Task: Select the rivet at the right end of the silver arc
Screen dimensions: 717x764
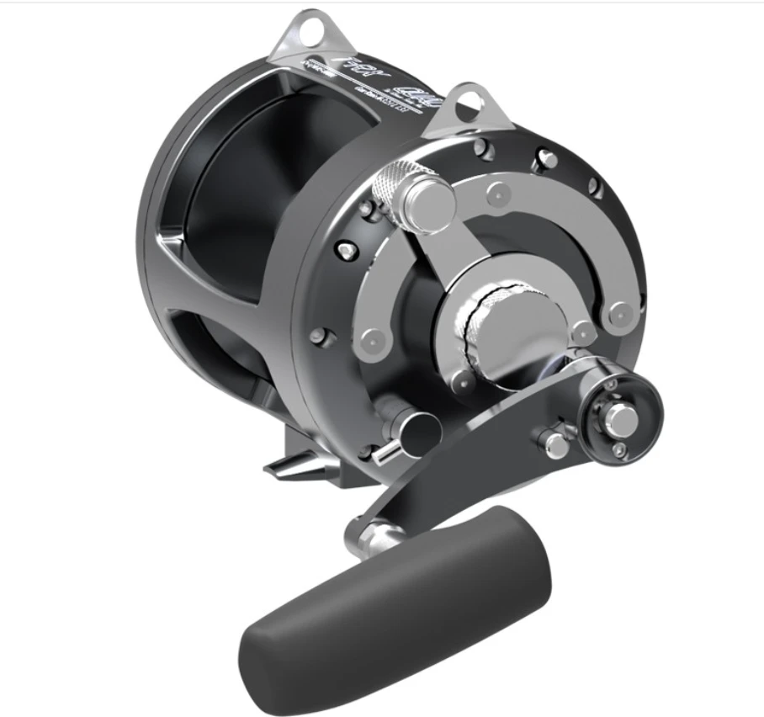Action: [621, 311]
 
